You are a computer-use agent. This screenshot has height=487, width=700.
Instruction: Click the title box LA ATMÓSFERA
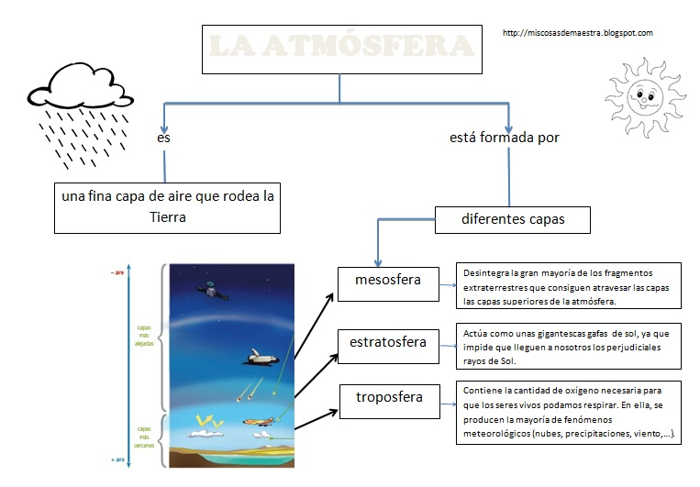(340, 47)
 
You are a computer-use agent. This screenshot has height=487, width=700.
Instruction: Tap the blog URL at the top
(578, 33)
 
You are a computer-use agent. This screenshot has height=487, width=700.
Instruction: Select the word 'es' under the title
(163, 138)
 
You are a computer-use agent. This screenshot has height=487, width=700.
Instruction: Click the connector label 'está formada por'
(504, 138)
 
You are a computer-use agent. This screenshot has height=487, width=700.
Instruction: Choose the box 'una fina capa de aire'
(166, 206)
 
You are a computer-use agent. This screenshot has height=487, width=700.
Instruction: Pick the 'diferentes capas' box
(511, 220)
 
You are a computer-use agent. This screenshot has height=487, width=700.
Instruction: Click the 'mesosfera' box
(387, 280)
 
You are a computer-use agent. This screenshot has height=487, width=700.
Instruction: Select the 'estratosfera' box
(387, 343)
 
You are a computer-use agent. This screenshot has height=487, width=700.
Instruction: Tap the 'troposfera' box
(389, 397)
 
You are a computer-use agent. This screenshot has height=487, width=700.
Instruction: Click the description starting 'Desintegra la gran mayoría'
(568, 286)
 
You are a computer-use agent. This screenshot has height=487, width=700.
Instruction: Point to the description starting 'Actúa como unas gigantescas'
(568, 348)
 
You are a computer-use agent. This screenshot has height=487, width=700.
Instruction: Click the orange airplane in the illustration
(260, 421)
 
